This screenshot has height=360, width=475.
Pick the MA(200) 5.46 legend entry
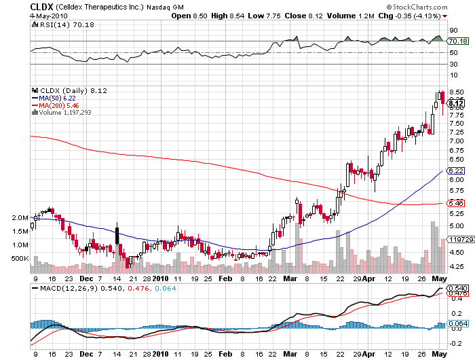click(59, 105)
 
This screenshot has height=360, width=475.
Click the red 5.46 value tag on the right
click(456, 203)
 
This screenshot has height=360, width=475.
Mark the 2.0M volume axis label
click(20, 218)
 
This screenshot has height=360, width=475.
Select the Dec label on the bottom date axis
click(85, 277)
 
